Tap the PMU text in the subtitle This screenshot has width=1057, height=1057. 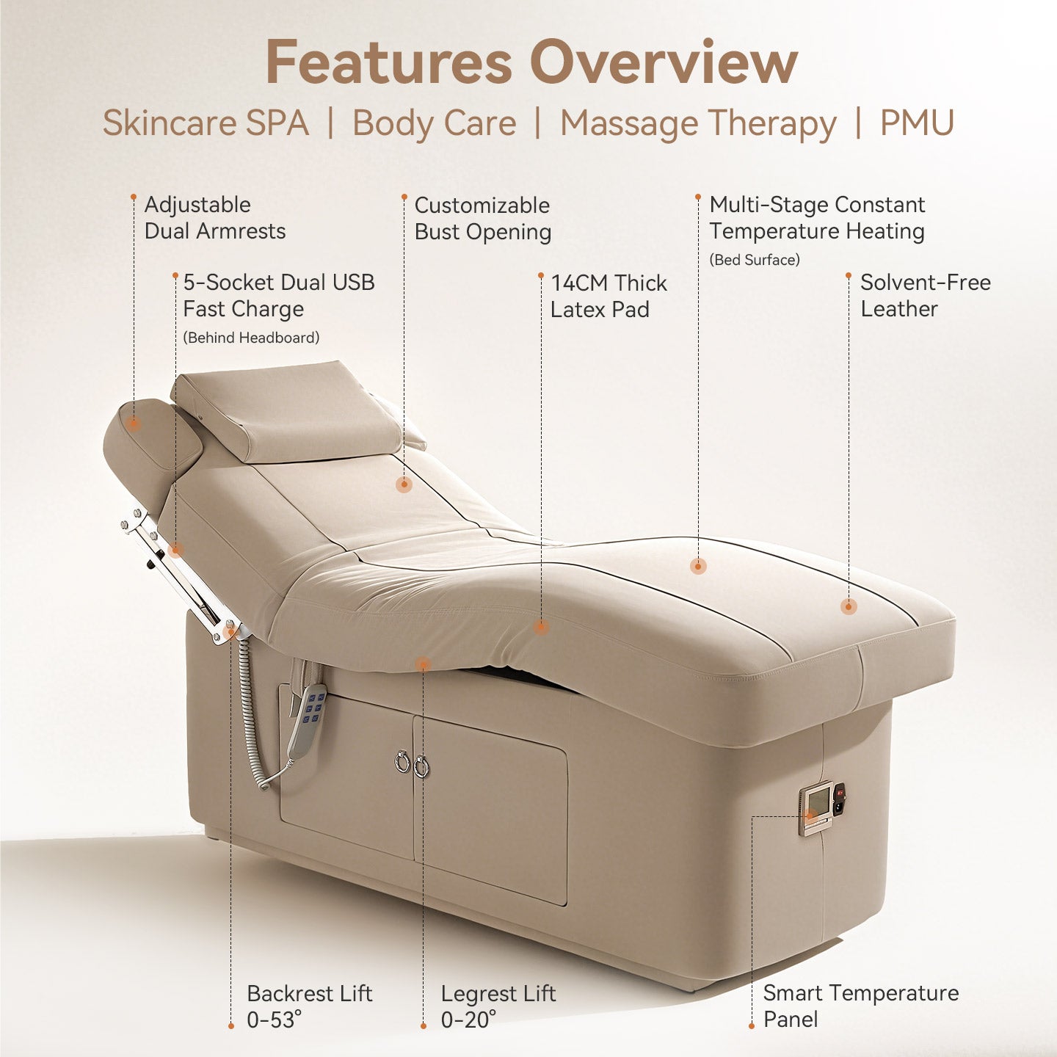coord(917,123)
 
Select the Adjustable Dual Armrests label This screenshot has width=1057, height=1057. coord(214,218)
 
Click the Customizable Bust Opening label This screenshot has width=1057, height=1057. coord(483,218)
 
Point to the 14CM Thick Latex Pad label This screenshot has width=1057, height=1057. coord(609,297)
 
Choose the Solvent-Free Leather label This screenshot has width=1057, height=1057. coord(926,296)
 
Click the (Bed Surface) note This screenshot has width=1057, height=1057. coord(755,259)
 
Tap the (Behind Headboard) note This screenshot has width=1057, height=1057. coord(251,338)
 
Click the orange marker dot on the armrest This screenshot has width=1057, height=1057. coord(133,424)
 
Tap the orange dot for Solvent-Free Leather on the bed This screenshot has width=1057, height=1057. coord(849,606)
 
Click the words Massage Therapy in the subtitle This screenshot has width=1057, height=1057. coord(698,123)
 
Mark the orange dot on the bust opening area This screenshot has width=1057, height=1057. coord(404,484)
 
